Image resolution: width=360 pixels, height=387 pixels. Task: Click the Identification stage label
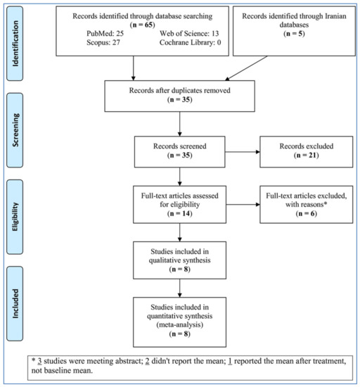15,44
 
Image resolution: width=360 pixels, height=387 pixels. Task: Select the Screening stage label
15,130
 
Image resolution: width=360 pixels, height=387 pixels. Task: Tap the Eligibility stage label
15,217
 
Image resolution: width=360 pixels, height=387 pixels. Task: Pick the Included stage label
15,303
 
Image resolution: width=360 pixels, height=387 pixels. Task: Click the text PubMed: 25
105,33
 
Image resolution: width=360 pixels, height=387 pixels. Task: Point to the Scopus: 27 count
103,42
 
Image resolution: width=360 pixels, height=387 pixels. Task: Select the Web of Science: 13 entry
189,33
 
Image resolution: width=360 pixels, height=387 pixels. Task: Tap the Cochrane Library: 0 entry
190,42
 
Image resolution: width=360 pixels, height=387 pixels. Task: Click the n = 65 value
142,25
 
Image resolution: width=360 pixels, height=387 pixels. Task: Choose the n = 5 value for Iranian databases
294,34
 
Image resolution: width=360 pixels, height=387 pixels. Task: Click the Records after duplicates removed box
179,96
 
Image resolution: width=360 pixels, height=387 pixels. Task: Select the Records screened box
179,152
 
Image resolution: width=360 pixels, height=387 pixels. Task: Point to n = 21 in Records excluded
307,156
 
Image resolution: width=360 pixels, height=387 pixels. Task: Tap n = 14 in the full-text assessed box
179,213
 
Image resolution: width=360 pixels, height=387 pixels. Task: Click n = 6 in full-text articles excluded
307,213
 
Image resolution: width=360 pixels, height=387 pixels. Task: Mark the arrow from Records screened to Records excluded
243,152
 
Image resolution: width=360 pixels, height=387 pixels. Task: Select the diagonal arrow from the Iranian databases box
246,68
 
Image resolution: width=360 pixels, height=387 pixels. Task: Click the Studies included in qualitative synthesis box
179,260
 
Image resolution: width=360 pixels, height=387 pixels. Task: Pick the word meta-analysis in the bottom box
180,324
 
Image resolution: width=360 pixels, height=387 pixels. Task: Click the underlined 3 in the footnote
39,361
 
